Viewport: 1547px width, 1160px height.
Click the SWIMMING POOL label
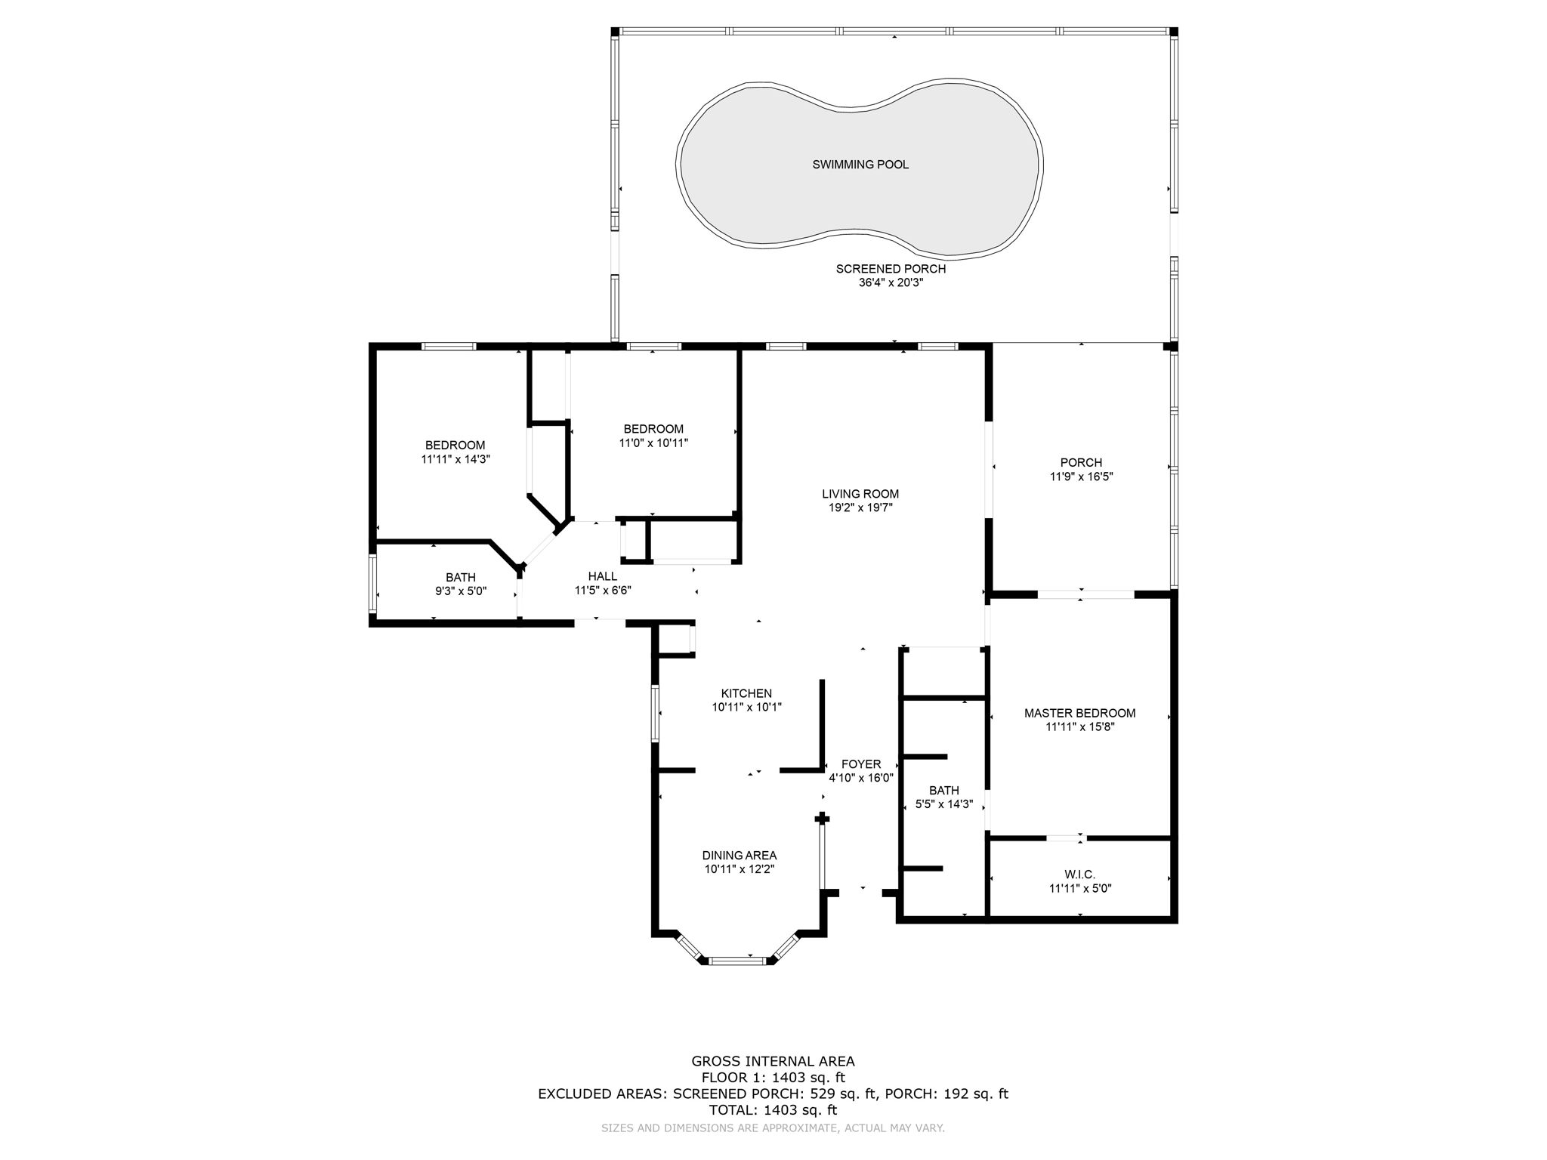click(860, 165)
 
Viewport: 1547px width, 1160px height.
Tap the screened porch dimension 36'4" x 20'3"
click(891, 282)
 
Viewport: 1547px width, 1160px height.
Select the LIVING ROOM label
click(860, 494)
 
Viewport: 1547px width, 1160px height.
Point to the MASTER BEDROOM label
click(1079, 713)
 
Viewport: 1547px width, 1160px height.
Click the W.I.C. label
click(1080, 875)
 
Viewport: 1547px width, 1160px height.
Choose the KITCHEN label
click(746, 693)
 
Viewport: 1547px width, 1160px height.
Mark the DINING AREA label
click(740, 856)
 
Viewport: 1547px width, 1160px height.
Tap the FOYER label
click(861, 764)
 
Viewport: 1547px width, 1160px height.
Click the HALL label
click(603, 576)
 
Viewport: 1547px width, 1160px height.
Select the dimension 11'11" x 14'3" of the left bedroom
click(455, 458)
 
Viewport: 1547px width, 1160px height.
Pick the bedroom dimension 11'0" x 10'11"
click(653, 443)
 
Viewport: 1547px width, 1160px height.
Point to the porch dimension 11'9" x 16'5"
click(1081, 477)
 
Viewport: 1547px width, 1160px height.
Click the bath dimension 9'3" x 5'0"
click(461, 591)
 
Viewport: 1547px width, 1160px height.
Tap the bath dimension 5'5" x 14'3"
click(944, 804)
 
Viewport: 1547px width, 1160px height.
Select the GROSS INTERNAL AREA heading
click(773, 1061)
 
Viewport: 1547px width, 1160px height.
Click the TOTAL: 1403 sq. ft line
click(773, 1110)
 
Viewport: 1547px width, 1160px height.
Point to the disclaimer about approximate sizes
click(773, 1128)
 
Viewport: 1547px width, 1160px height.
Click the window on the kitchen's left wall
click(655, 714)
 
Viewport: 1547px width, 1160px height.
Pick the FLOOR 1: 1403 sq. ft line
click(773, 1078)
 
